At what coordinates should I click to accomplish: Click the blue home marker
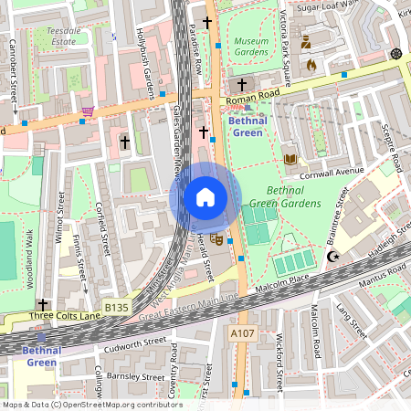(x=205, y=197)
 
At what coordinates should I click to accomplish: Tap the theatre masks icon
(x=216, y=239)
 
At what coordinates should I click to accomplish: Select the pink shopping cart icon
(x=88, y=111)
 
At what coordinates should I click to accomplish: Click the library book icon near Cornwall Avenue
(x=290, y=159)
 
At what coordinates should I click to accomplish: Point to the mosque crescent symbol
(x=332, y=258)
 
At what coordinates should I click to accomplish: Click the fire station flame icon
(x=311, y=65)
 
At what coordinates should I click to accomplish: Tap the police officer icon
(x=306, y=41)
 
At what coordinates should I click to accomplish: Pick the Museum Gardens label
(x=251, y=47)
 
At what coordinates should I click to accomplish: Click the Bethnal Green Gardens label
(x=285, y=197)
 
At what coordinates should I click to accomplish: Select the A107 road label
(x=242, y=334)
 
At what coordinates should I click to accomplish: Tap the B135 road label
(x=116, y=309)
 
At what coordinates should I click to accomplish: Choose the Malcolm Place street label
(x=283, y=281)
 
